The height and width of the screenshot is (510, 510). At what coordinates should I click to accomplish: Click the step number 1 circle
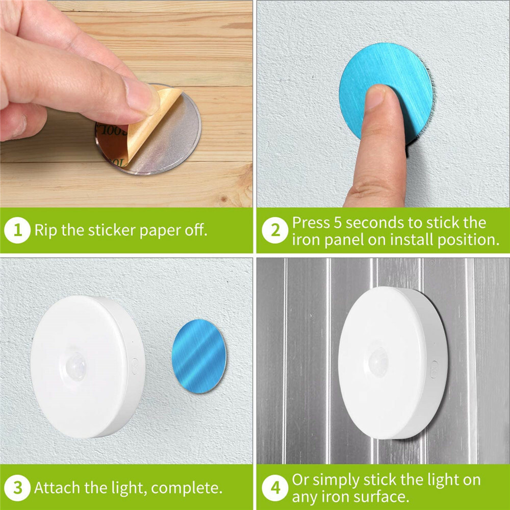pyautogui.click(x=18, y=231)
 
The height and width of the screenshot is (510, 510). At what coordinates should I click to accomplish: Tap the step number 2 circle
pyautogui.click(x=275, y=231)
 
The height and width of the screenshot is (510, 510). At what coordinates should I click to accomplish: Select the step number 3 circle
pyautogui.click(x=18, y=488)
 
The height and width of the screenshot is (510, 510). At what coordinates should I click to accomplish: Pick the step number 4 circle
pyautogui.click(x=275, y=488)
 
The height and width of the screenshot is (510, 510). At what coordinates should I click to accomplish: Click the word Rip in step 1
pyautogui.click(x=46, y=230)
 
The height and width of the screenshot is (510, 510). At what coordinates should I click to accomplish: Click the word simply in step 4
pyautogui.click(x=340, y=480)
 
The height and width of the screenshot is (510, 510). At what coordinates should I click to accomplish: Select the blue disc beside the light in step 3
pyautogui.click(x=199, y=355)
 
